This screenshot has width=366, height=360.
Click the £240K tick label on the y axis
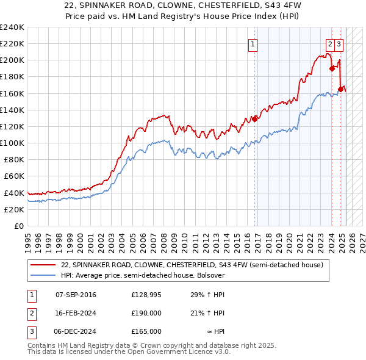(12, 27)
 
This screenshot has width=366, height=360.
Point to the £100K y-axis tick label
(12, 143)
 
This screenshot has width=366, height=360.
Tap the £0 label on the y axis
(19, 226)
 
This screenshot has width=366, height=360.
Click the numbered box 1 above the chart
(252, 44)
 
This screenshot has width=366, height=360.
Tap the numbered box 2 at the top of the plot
(330, 44)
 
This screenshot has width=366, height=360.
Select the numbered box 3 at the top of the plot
(339, 44)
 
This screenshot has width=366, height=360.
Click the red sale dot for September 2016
(255, 119)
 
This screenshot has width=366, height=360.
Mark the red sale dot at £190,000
(332, 68)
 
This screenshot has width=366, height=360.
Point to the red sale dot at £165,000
(340, 89)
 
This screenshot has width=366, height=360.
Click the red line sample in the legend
(43, 265)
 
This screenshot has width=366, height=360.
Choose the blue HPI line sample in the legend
(43, 275)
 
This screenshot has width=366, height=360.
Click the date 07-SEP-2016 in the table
(76, 295)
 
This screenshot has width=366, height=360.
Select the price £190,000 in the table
(146, 313)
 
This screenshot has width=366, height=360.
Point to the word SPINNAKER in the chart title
(117, 5)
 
